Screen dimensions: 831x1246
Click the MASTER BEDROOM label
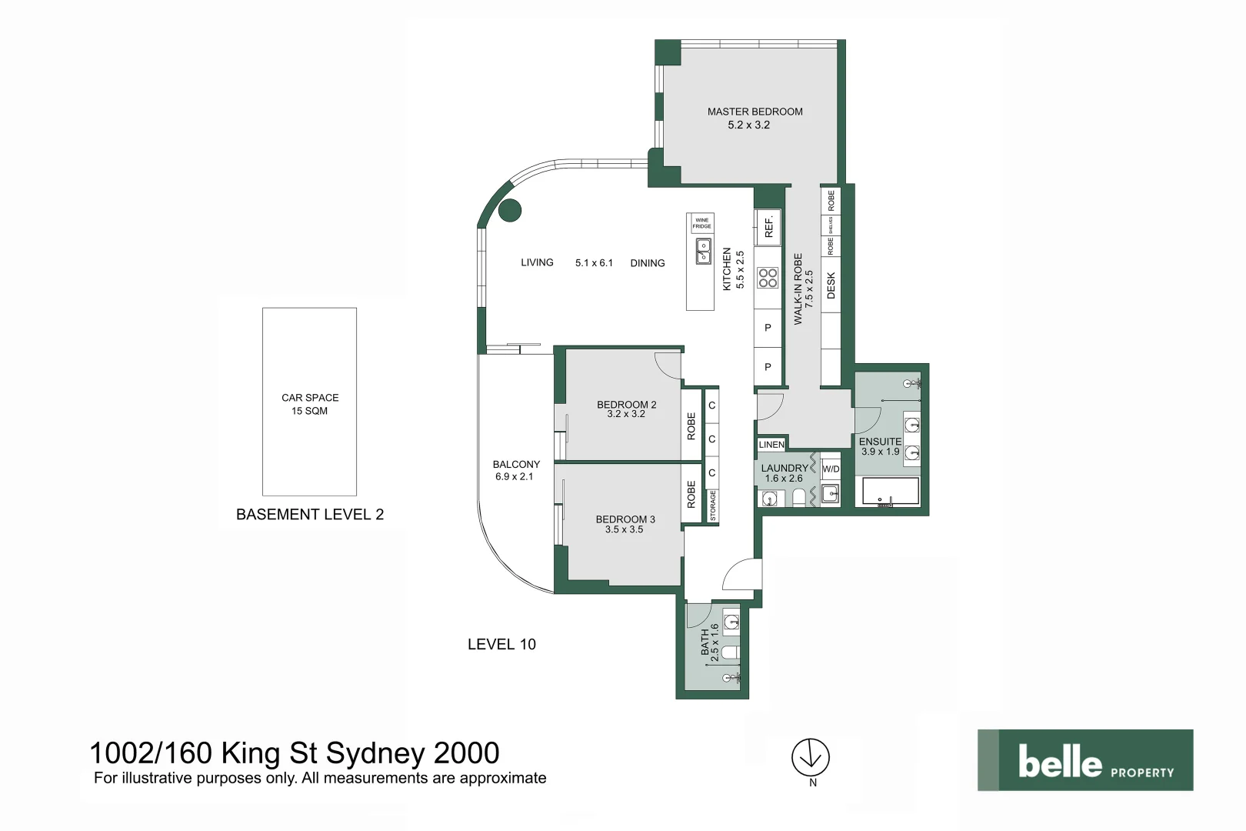pyautogui.click(x=755, y=112)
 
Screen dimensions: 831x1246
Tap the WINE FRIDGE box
pyautogui.click(x=701, y=224)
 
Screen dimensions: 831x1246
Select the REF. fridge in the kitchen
pyautogui.click(x=768, y=227)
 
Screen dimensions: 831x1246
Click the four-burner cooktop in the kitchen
pyautogui.click(x=768, y=278)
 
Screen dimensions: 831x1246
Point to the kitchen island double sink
pyautogui.click(x=703, y=252)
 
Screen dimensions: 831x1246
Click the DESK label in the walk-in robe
pyautogui.click(x=831, y=285)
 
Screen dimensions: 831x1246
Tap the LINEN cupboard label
pyautogui.click(x=771, y=445)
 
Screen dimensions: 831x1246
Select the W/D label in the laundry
pyautogui.click(x=831, y=469)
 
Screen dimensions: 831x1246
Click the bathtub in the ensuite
pyautogui.click(x=891, y=492)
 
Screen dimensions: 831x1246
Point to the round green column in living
pyautogui.click(x=510, y=209)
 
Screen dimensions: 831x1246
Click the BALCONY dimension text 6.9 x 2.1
pyautogui.click(x=514, y=477)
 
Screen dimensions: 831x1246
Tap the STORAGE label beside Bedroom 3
pyautogui.click(x=713, y=506)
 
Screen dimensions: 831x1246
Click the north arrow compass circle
pyautogui.click(x=811, y=757)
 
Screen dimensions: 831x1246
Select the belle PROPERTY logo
pyautogui.click(x=1085, y=760)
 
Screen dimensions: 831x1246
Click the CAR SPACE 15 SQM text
pyautogui.click(x=310, y=404)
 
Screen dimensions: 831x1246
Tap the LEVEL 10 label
pyautogui.click(x=501, y=645)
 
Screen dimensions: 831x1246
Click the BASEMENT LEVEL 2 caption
pyautogui.click(x=310, y=515)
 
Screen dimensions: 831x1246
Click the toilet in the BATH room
pyautogui.click(x=729, y=652)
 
